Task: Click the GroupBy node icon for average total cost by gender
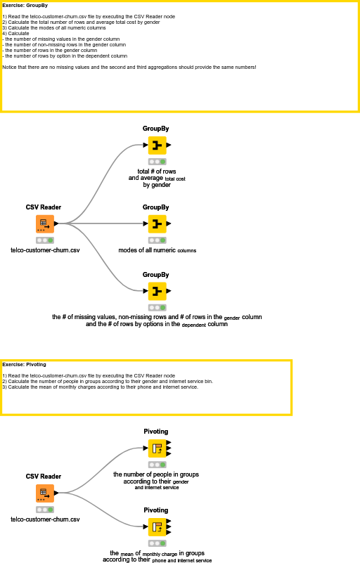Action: coord(157,145)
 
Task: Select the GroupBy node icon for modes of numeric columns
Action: coord(157,224)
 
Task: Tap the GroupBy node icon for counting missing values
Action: coord(157,291)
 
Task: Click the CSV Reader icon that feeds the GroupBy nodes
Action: coord(44,224)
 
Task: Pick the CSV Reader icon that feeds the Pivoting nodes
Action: coord(44,493)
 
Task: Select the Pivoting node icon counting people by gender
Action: coord(156,448)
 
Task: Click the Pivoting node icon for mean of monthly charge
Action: coord(156,527)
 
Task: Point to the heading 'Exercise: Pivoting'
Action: coord(25,365)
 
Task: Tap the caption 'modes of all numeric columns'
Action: coord(157,250)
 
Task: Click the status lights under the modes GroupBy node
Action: coord(157,240)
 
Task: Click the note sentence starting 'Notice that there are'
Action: coord(129,67)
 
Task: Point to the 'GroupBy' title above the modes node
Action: coord(156,207)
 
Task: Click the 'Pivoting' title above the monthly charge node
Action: coord(156,510)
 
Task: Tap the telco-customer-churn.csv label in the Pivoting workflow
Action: coord(45,519)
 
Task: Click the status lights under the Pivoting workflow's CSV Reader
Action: coord(45,510)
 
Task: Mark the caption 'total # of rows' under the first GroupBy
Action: coord(157,172)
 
